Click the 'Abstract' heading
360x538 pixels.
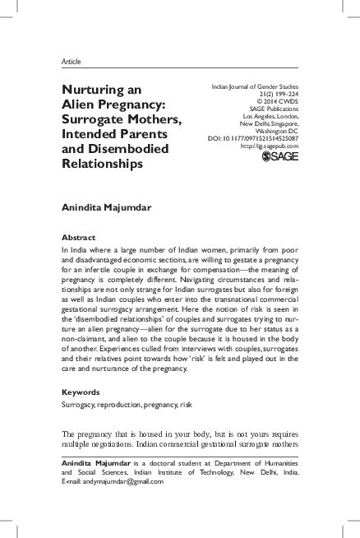pos(79,237)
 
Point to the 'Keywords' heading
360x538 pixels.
pos(81,392)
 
